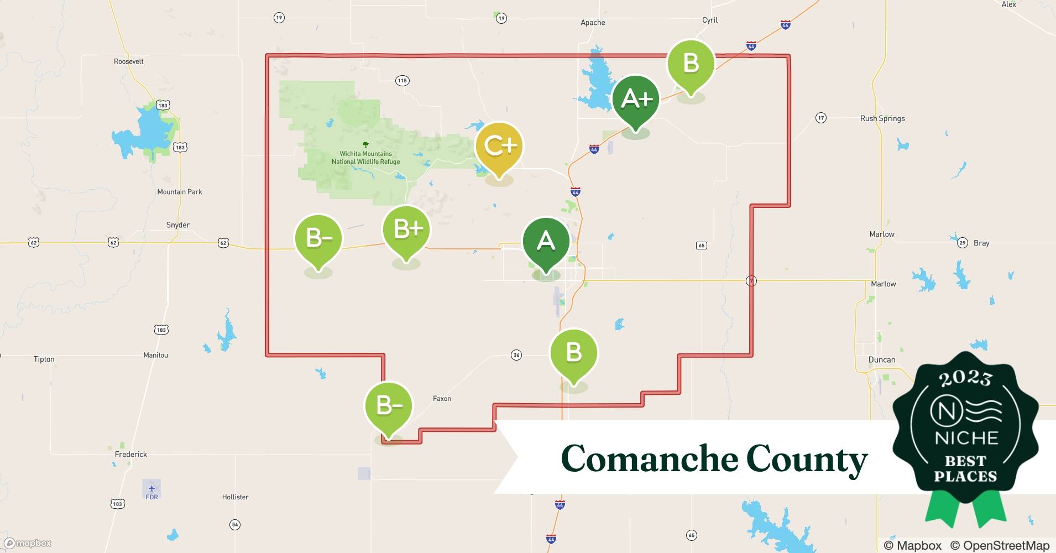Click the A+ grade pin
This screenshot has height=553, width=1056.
pyautogui.click(x=636, y=100)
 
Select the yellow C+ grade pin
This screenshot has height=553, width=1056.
pyautogui.click(x=499, y=147)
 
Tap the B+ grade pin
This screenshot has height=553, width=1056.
pyautogui.click(x=406, y=229)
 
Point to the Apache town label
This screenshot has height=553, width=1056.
pyautogui.click(x=593, y=23)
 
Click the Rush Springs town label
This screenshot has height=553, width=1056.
pyautogui.click(x=882, y=118)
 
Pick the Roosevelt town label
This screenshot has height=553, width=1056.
pyautogui.click(x=129, y=61)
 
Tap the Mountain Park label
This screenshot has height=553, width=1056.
pyautogui.click(x=180, y=192)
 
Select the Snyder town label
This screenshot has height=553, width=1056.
pyautogui.click(x=178, y=225)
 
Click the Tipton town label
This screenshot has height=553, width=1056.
pyautogui.click(x=44, y=359)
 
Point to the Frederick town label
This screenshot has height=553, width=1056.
pyautogui.click(x=131, y=455)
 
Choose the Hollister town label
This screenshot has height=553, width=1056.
pyautogui.click(x=235, y=497)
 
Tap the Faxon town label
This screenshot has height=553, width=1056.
pyautogui.click(x=442, y=399)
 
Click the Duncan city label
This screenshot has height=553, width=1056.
pyautogui.click(x=882, y=360)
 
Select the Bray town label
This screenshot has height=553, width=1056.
pyautogui.click(x=981, y=243)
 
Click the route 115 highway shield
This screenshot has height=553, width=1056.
pyautogui.click(x=402, y=81)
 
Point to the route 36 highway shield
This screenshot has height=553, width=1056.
pyautogui.click(x=516, y=355)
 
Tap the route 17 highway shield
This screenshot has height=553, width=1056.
pyautogui.click(x=821, y=118)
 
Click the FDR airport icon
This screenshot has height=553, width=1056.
pyautogui.click(x=151, y=488)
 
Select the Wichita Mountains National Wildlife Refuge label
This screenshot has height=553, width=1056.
pyautogui.click(x=365, y=158)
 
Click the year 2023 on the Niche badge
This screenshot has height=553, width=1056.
pyautogui.click(x=965, y=378)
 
